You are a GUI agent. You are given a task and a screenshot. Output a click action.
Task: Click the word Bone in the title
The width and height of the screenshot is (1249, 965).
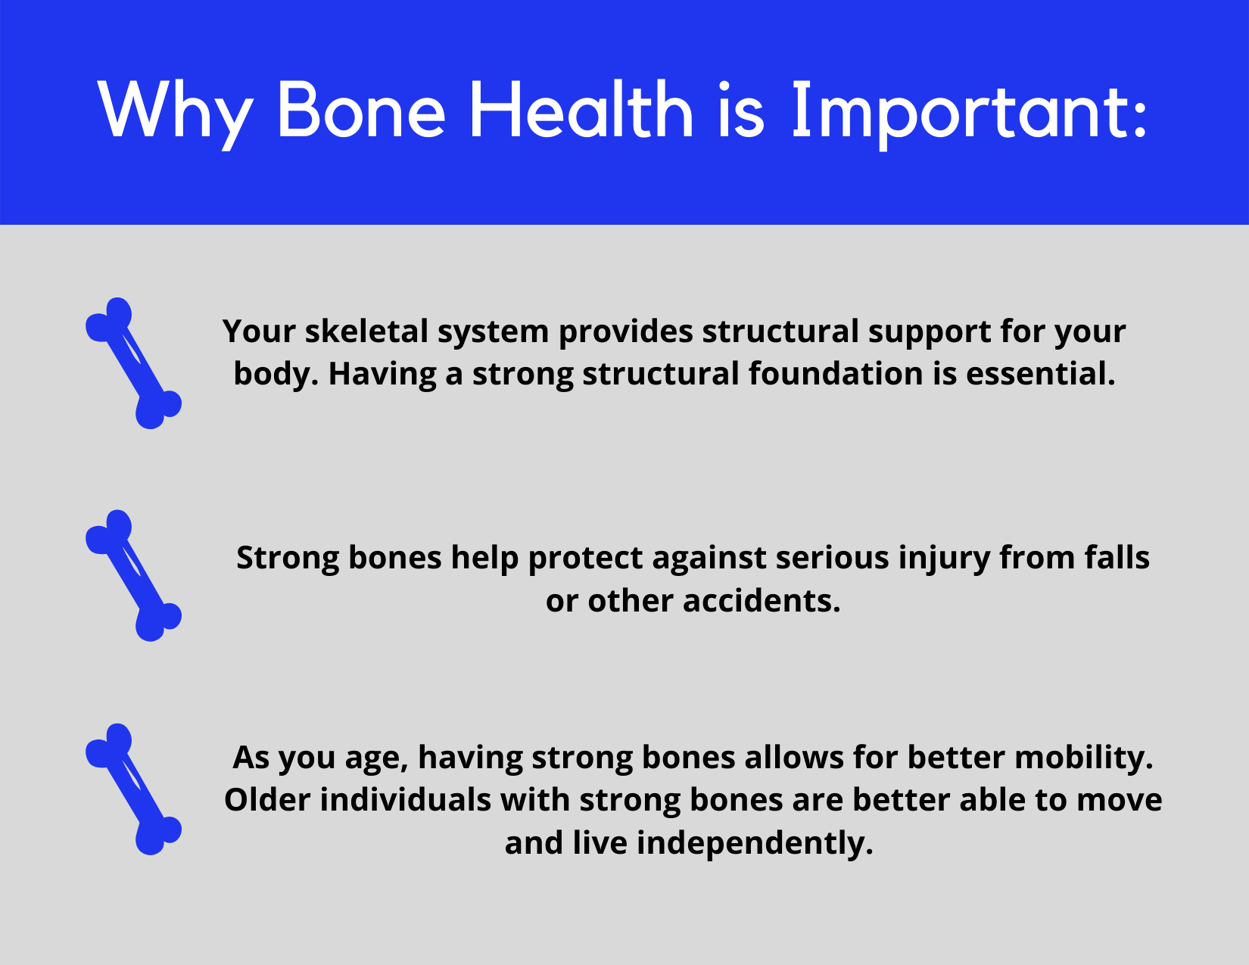click(362, 111)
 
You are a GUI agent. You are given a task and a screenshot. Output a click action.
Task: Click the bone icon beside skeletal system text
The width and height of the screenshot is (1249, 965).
click(133, 363)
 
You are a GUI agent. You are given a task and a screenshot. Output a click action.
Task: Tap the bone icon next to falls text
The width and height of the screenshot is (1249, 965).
click(133, 576)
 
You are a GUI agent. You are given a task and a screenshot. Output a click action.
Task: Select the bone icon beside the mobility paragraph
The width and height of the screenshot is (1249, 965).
click(133, 789)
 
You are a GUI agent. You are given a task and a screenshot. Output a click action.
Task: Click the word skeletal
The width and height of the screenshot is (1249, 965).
click(365, 332)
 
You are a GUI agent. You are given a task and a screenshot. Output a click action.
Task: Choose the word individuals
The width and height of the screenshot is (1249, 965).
click(406, 800)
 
